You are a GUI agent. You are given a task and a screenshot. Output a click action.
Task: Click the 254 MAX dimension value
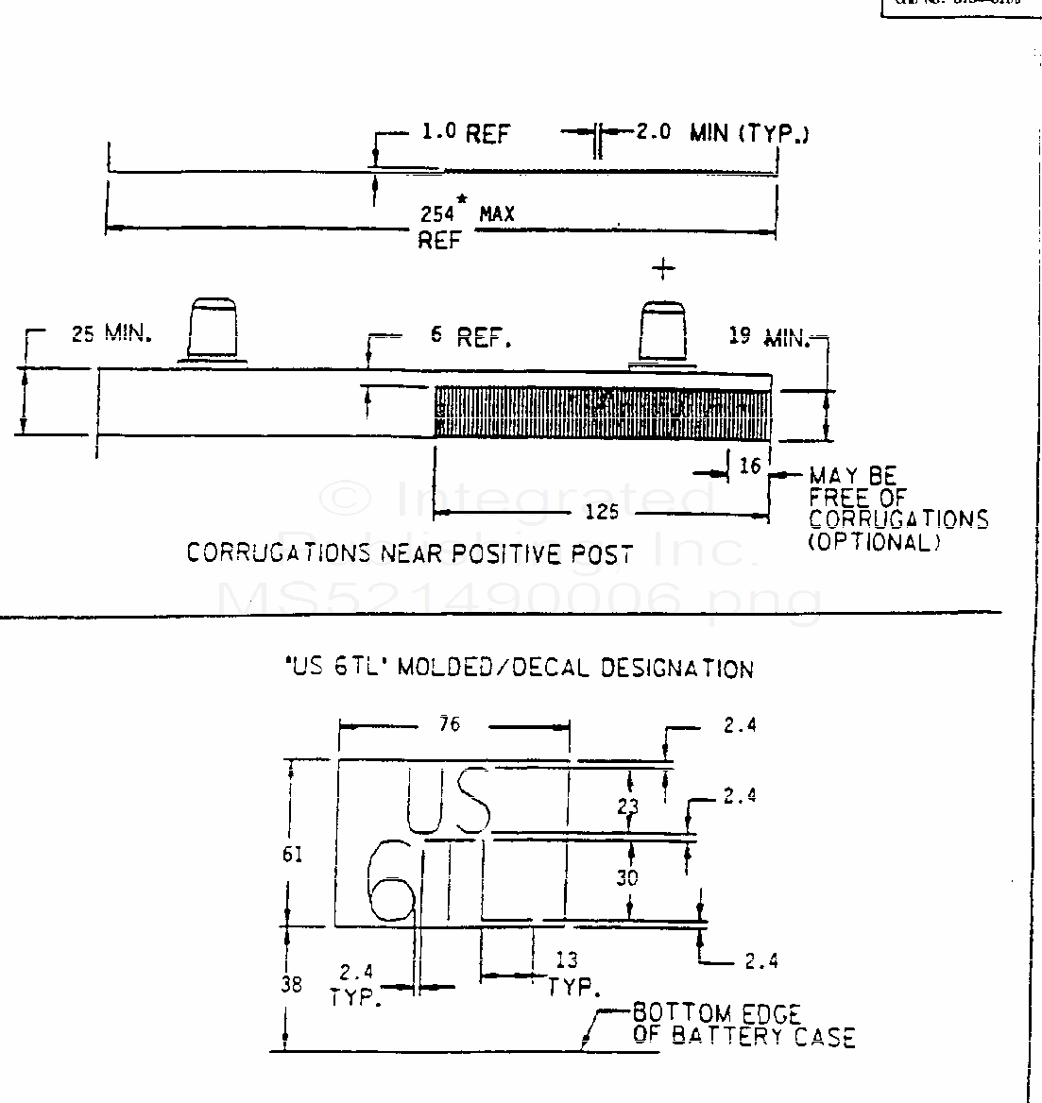click(467, 214)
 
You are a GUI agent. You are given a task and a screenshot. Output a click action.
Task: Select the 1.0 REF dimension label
click(465, 133)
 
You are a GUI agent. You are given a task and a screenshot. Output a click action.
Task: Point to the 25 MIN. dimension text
click(111, 333)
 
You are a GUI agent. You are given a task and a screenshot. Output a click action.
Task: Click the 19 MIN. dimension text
click(769, 335)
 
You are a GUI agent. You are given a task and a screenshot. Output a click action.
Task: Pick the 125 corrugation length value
click(602, 511)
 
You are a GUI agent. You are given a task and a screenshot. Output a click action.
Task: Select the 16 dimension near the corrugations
click(750, 466)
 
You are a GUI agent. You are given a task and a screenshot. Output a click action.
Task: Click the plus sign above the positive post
click(664, 269)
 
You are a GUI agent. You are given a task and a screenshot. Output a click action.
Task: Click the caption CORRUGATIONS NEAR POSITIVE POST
click(408, 553)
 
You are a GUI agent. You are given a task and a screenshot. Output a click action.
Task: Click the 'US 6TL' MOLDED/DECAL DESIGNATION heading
click(519, 669)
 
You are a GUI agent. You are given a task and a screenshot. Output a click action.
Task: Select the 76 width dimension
click(450, 723)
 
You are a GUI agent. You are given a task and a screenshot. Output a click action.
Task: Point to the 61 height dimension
click(293, 854)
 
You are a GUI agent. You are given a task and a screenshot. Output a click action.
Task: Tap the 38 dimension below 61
click(292, 983)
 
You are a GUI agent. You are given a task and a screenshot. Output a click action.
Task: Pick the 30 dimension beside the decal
click(626, 877)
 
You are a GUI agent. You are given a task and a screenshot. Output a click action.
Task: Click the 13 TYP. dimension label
click(570, 974)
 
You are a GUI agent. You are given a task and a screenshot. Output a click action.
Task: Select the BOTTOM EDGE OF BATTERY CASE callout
click(743, 1026)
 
